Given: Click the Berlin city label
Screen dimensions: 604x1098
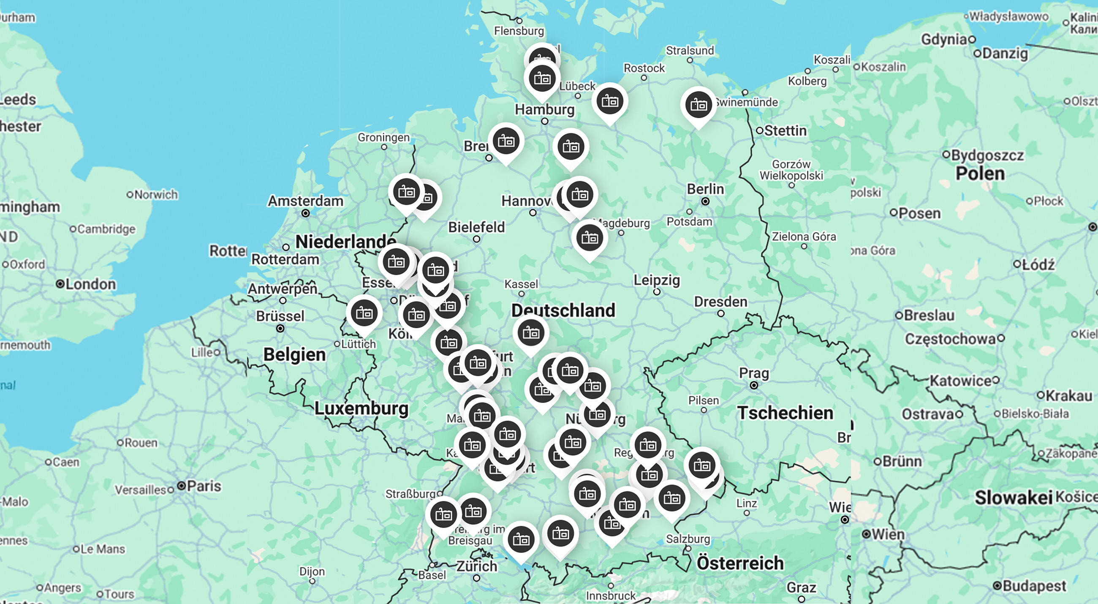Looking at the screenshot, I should [x=705, y=189].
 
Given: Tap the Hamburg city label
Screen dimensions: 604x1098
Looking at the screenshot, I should [x=544, y=109].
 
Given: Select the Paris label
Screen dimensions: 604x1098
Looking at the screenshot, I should [x=204, y=486].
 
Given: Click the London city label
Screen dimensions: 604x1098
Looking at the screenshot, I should [x=90, y=284].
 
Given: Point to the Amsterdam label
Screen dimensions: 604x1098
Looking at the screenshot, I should [x=305, y=201].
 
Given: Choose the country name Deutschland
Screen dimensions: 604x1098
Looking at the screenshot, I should [x=563, y=310].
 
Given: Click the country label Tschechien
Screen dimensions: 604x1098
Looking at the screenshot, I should [x=785, y=413].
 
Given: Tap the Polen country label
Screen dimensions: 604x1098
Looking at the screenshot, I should [x=980, y=174].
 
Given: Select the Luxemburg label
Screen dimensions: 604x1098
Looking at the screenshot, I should [x=361, y=408].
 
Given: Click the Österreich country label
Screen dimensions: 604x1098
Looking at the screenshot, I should [x=740, y=563].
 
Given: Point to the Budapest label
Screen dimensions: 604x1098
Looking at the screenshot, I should [x=1034, y=586].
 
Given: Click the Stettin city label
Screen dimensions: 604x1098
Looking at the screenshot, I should [x=785, y=131].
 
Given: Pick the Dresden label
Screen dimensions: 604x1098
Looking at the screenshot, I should [x=720, y=302].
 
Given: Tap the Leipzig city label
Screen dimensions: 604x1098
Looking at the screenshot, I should [x=656, y=280].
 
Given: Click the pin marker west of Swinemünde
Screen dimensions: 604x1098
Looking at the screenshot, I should [x=698, y=105].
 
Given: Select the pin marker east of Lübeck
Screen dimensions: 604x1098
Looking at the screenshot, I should [x=609, y=101].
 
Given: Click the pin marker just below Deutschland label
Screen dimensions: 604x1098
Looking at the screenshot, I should [x=531, y=333].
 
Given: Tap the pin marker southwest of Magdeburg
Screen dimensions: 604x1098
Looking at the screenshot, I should [x=590, y=238].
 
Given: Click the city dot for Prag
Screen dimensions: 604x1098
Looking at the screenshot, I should [x=753, y=385].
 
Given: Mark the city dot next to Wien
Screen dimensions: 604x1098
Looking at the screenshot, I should [x=866, y=534].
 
